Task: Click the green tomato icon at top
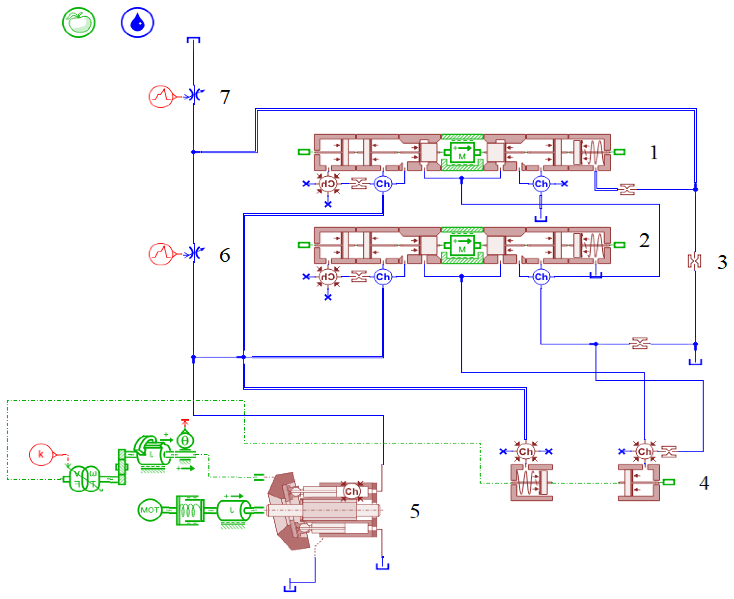pos(79,23)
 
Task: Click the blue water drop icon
pos(137,23)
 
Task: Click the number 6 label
pos(225,255)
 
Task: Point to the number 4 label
pos(704,483)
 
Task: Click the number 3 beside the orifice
pos(722,262)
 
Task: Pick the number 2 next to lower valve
pos(644,240)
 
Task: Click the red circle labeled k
pos(41,455)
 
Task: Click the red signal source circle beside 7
pos(161,97)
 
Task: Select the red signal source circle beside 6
pos(161,254)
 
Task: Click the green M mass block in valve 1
pos(462,153)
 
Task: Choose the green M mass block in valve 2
pos(462,245)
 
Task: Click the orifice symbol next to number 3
pos(694,261)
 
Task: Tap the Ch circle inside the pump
pos(351,491)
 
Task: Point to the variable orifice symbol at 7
pos(195,95)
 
